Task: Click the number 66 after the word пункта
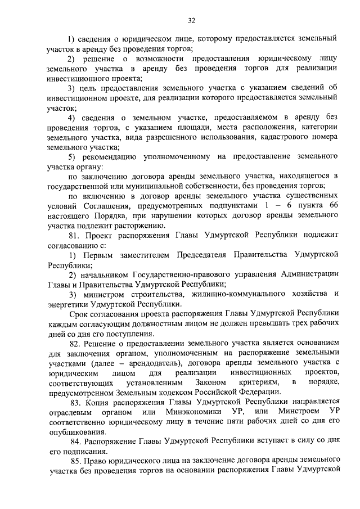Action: [x=331, y=206]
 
